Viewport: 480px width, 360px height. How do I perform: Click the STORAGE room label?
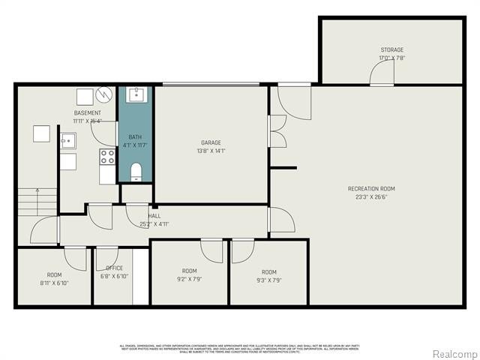coord(391,49)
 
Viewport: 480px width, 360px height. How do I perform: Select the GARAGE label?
coord(210,142)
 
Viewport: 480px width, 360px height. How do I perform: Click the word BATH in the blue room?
coord(134,136)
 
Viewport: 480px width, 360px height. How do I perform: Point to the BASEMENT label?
coord(87,112)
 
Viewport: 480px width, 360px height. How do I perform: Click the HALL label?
coord(154,215)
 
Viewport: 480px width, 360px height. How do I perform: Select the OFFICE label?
coord(114,268)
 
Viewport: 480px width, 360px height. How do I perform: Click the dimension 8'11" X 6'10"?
coord(54,283)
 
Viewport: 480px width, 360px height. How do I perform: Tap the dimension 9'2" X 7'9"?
coord(189,280)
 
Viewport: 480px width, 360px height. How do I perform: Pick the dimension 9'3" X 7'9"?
coord(268,280)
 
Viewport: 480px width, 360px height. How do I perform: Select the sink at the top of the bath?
coord(136,94)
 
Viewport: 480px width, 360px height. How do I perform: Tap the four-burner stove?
coord(107,157)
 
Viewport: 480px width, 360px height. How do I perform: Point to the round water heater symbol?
coord(104,95)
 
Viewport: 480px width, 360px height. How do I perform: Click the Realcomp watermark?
coord(452,353)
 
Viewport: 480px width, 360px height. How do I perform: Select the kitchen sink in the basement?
coord(67,140)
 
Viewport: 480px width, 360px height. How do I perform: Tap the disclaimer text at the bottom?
coord(240,349)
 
